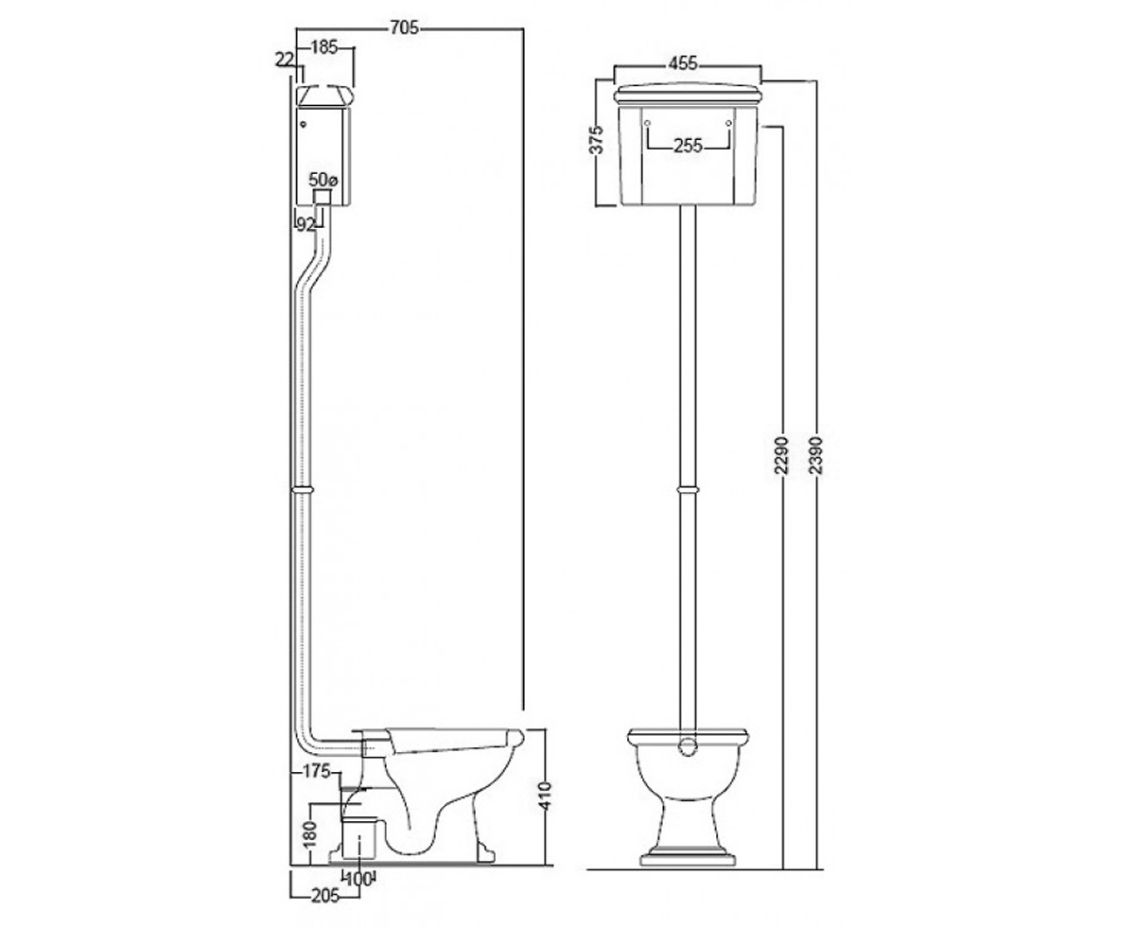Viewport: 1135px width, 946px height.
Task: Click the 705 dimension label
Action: coord(405,27)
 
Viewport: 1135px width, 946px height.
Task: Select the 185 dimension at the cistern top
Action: coord(324,48)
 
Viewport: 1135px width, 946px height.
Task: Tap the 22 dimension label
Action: coord(285,60)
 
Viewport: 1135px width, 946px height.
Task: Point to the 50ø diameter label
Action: coord(323,180)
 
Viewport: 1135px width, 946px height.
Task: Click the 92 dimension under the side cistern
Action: coord(306,224)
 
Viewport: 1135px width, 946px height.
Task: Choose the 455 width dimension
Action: coord(683,63)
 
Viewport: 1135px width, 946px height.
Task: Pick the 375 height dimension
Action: coord(597,140)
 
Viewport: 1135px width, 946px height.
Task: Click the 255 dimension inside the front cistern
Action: coord(688,146)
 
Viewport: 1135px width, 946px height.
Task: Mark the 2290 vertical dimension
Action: coord(781,454)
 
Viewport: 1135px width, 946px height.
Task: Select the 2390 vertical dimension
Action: coord(816,454)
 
